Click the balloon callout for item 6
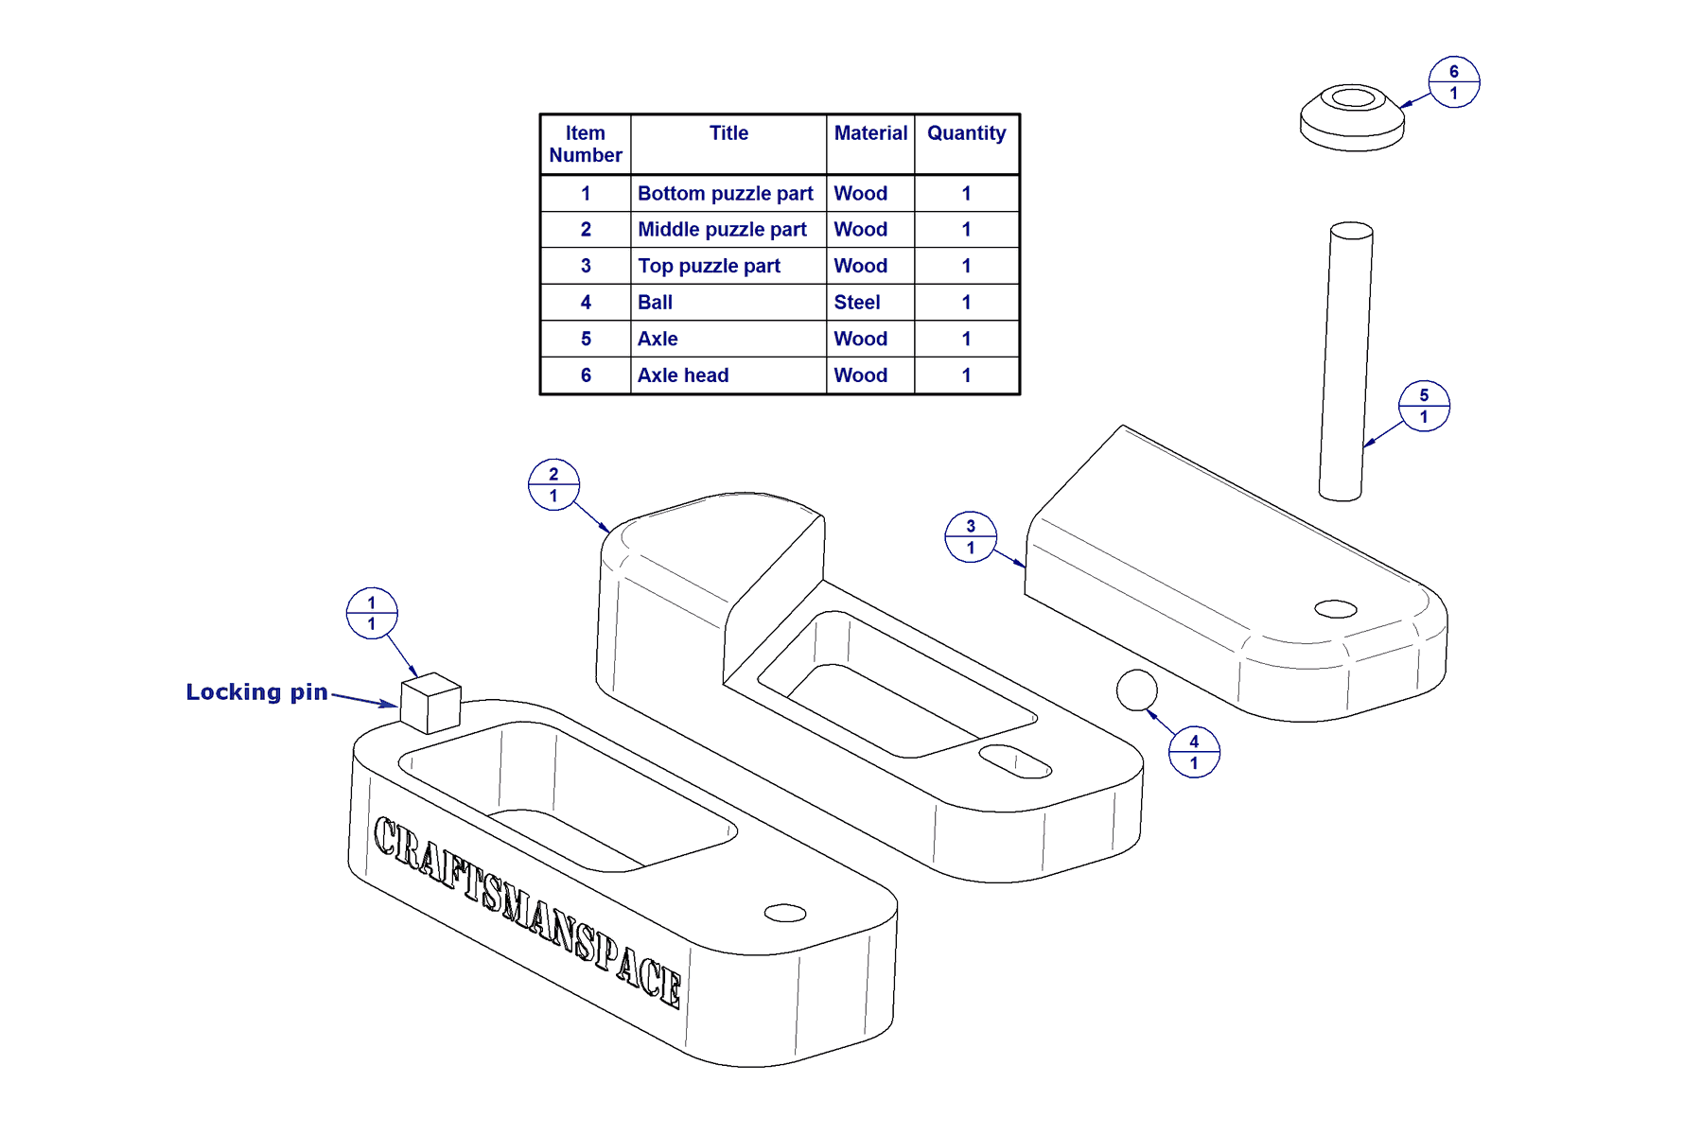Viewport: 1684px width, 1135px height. (1453, 82)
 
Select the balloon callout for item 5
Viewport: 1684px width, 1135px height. (1423, 406)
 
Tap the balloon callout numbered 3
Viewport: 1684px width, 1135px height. (970, 537)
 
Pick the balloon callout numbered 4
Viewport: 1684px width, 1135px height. (1193, 752)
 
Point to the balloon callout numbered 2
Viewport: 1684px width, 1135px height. (553, 484)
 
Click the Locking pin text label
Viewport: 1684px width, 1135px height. (256, 692)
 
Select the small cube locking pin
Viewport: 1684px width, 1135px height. (430, 703)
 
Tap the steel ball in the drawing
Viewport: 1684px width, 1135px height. (1136, 690)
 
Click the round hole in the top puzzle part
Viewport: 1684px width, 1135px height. (1335, 609)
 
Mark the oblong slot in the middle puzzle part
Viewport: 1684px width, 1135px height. (1014, 761)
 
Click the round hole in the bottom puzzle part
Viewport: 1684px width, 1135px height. (784, 913)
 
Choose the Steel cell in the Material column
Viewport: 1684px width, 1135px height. (857, 303)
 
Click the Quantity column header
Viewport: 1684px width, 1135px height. (966, 133)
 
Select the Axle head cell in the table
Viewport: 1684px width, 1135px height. (683, 375)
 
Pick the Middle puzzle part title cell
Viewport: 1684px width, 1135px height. (722, 230)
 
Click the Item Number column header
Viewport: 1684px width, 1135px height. (586, 144)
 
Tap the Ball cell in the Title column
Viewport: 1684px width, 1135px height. (655, 303)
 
